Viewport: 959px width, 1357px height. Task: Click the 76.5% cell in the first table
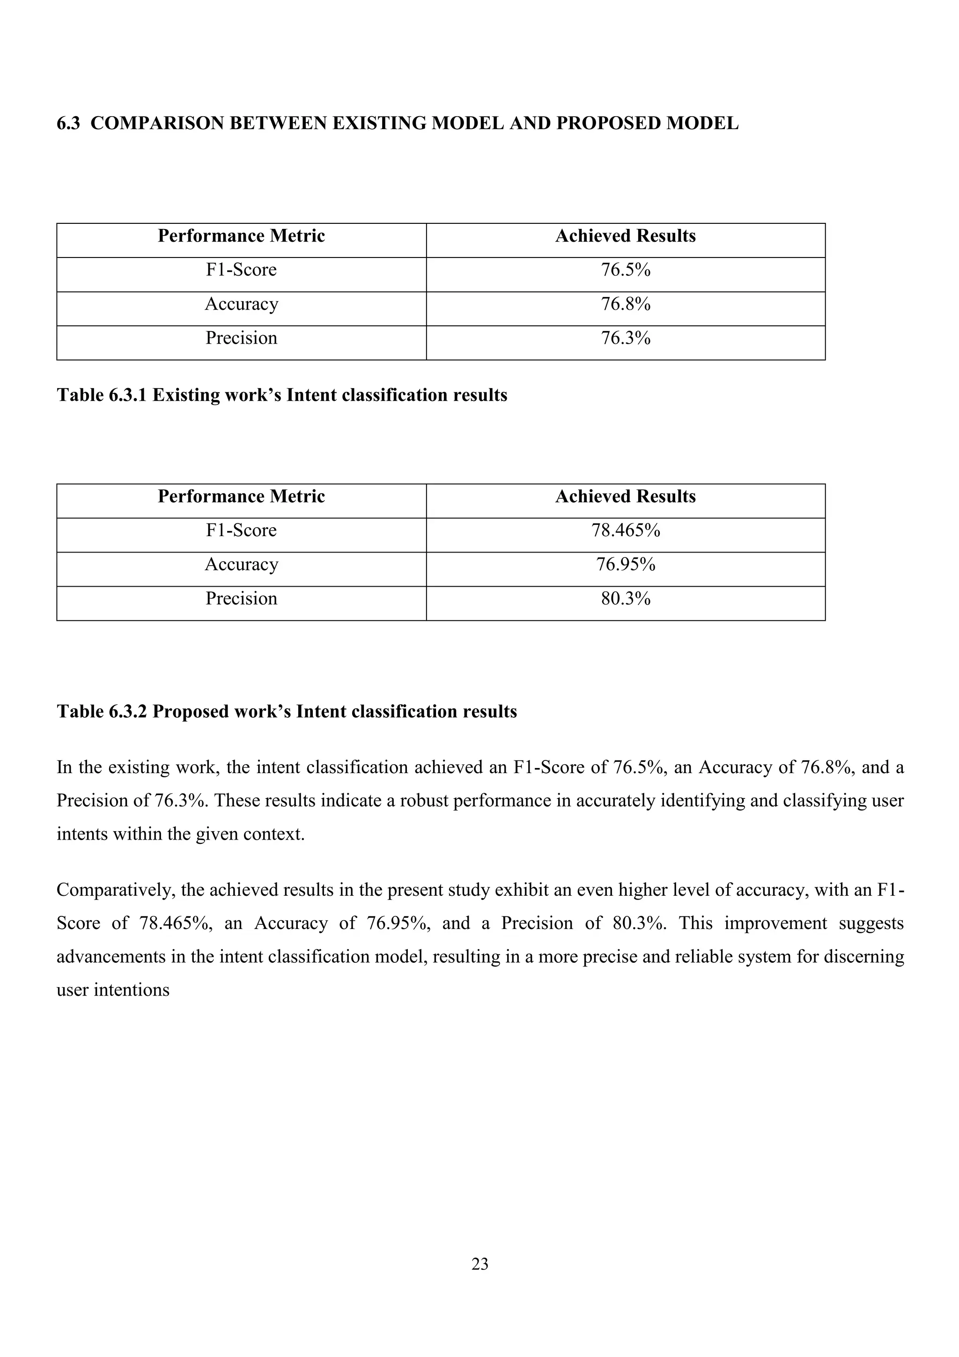[x=625, y=270]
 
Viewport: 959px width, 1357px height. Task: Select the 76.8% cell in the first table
[x=625, y=304]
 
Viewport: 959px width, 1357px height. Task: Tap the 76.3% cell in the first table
[x=625, y=338]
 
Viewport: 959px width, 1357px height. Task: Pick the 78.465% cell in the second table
[x=625, y=530]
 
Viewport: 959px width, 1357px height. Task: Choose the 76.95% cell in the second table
[x=625, y=564]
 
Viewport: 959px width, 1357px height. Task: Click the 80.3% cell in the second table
[x=625, y=599]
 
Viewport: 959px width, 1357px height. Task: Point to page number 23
[x=480, y=1264]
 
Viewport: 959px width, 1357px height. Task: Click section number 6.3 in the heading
[x=68, y=124]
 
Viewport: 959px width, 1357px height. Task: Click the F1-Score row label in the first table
[x=241, y=270]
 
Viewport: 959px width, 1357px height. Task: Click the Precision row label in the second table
[x=241, y=599]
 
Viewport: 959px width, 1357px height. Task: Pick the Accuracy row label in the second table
[x=241, y=564]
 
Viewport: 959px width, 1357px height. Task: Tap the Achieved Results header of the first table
[x=625, y=236]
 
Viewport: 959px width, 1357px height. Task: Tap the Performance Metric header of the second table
[x=241, y=496]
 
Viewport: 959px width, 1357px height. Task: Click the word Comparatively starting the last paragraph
[x=113, y=890]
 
